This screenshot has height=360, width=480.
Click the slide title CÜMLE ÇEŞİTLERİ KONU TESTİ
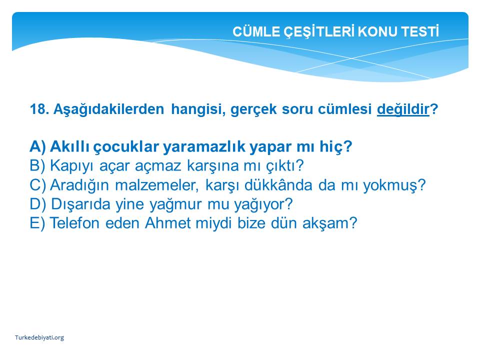[336, 31]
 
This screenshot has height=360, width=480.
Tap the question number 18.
[39, 109]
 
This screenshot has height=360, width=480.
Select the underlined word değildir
[403, 109]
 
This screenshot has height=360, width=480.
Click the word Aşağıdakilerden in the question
[108, 109]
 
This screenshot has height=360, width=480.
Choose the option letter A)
[38, 146]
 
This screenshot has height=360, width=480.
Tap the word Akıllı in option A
[70, 146]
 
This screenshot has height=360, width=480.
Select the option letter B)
[37, 165]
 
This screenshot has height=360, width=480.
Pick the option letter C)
[38, 185]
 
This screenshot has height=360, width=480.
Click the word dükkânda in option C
[278, 185]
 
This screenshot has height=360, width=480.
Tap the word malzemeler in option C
[156, 185]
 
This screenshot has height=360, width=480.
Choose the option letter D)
[38, 204]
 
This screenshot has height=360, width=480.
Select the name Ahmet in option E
[168, 223]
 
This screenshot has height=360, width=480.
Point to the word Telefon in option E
[74, 223]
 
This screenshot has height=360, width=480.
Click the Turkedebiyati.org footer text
[39, 337]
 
